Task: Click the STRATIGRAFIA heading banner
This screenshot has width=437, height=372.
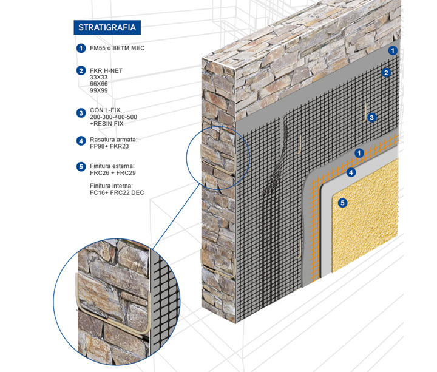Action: [107, 27]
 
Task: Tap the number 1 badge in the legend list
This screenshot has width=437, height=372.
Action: [80, 48]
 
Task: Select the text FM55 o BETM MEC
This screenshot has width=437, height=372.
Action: [117, 48]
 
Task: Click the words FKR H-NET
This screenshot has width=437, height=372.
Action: [106, 70]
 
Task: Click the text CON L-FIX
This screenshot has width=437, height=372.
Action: [105, 110]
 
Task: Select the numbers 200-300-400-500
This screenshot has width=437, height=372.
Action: [113, 117]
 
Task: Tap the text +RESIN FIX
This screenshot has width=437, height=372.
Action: [106, 124]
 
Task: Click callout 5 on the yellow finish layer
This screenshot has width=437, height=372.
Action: [343, 203]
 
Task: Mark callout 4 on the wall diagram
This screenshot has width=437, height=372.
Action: [351, 173]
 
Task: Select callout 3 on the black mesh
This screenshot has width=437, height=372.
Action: [373, 117]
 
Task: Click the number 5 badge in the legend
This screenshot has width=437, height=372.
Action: [80, 166]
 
